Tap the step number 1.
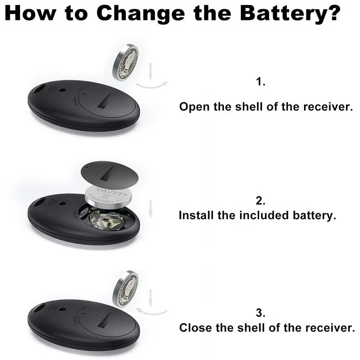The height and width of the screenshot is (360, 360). (x=261, y=82)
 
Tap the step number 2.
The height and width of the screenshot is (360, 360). (x=261, y=200)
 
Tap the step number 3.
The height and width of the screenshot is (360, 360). (x=261, y=312)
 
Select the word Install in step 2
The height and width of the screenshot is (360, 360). (x=196, y=215)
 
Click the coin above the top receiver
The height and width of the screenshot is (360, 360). (x=125, y=62)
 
